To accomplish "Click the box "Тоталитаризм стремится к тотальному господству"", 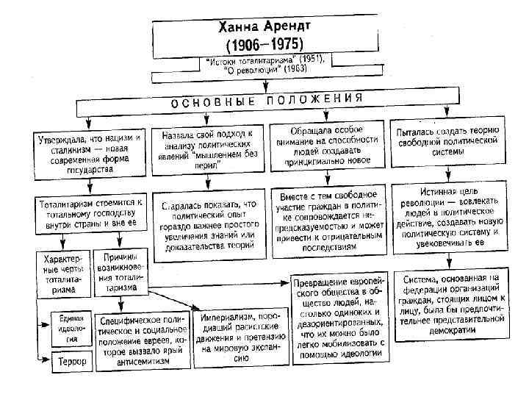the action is (x=90, y=212).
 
